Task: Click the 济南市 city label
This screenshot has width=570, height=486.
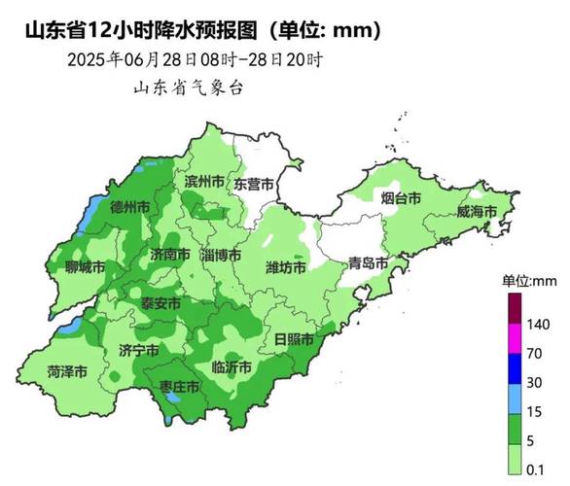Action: coord(164,254)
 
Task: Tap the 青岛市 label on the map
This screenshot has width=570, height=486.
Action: coord(368,263)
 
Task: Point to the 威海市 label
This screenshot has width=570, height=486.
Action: coord(477,212)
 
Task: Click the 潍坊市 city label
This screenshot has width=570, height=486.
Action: coord(286,267)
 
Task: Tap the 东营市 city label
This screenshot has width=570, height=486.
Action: coord(254,184)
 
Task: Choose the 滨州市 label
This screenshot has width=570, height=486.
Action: coord(204,182)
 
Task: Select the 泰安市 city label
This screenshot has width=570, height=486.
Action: coord(160,303)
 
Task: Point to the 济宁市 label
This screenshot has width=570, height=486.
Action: coord(138,349)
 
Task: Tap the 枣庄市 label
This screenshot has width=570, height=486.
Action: coord(180,387)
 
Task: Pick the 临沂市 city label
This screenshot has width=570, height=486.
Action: coord(232,367)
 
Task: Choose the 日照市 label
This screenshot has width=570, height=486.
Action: coord(294,339)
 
